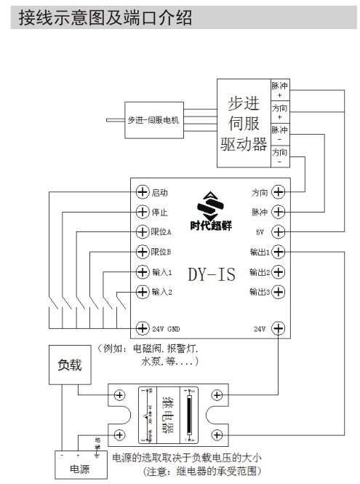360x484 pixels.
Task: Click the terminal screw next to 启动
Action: coord(143,192)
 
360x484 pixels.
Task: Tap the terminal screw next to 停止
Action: coord(143,213)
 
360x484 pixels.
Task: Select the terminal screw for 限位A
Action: coord(143,232)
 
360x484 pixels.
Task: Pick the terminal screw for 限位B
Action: coord(143,252)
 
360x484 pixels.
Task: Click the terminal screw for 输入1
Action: coord(143,272)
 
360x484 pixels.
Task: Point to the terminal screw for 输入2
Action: coord(143,292)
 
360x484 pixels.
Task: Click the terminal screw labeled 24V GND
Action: coord(143,328)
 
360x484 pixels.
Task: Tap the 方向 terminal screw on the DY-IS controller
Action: coord(279,192)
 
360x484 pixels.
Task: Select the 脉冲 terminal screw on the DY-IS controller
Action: coord(279,213)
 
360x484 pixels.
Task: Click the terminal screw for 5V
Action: coord(279,232)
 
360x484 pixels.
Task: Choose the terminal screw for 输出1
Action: coord(279,252)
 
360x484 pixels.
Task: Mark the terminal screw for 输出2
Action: coord(279,272)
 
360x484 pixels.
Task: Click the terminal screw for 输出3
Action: coord(279,292)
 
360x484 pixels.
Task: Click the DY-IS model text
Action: coord(212,275)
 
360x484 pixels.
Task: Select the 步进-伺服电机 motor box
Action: coord(153,120)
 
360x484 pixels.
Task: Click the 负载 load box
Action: coord(70,365)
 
